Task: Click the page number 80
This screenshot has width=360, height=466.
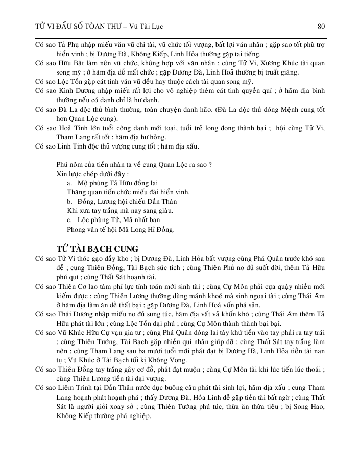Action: pos(321,26)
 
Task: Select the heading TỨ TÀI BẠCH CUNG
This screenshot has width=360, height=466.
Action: pos(98,249)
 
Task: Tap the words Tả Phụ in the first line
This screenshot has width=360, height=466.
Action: pos(63,45)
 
